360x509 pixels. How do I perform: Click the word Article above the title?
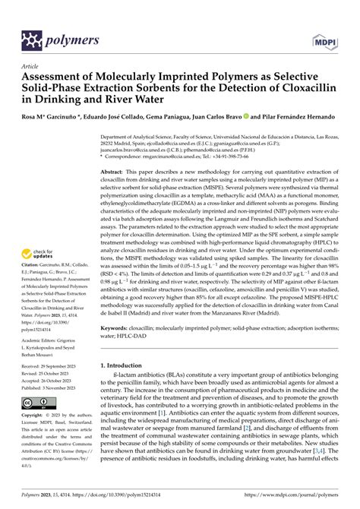click(x=31, y=67)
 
